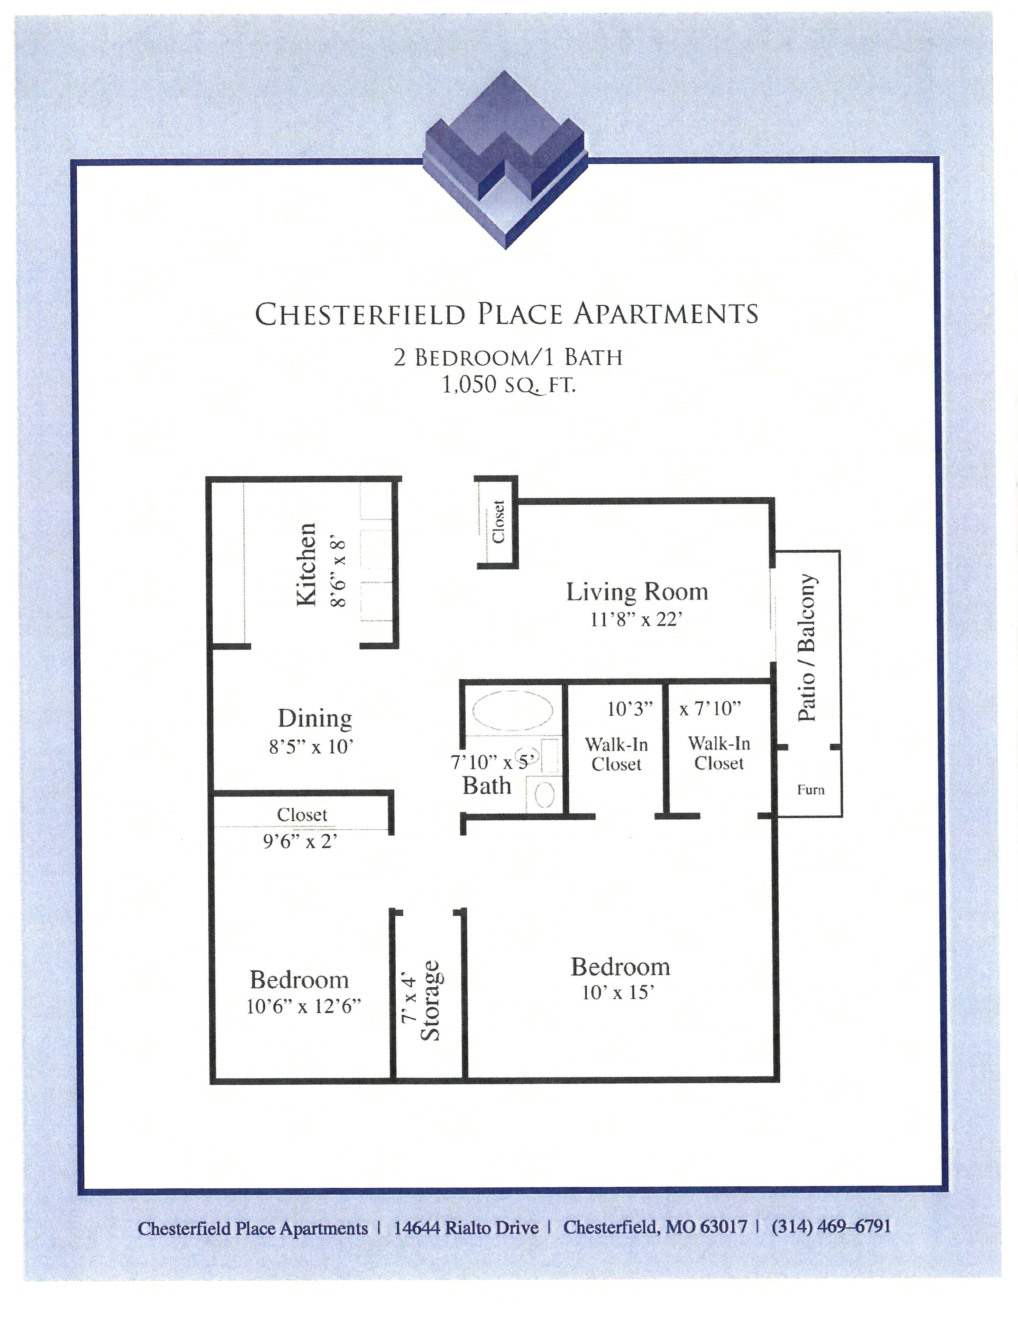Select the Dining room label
[x=315, y=718]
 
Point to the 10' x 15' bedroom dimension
[x=618, y=993]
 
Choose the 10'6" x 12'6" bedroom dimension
[x=303, y=1006]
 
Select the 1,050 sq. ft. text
[x=509, y=385]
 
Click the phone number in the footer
[x=830, y=1226]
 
